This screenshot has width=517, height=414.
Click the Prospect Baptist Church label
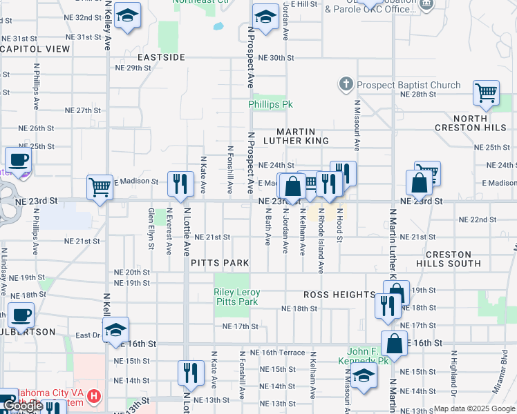click(x=408, y=86)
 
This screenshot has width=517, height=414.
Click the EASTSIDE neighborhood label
click(x=161, y=57)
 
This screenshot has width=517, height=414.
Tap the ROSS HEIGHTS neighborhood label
click(x=339, y=295)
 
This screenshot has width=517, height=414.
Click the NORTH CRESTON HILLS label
click(x=471, y=122)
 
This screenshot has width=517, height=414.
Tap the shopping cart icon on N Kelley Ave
click(x=100, y=186)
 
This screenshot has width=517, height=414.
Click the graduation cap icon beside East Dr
click(x=115, y=328)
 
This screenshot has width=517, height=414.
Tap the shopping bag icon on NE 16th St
click(x=394, y=342)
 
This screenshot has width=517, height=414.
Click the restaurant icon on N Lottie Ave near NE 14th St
click(x=191, y=373)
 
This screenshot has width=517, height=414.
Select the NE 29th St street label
click(x=133, y=68)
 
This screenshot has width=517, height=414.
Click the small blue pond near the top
click(x=218, y=27)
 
